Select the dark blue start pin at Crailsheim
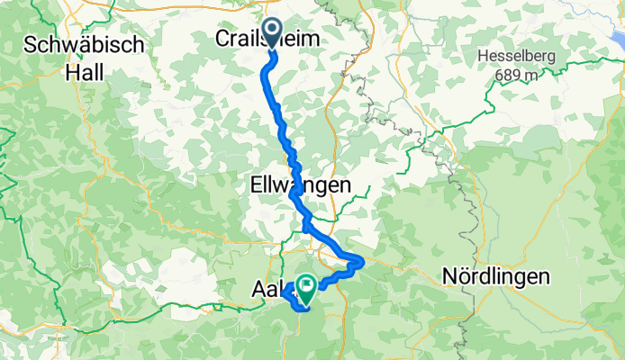tap(272, 31)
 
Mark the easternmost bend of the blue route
tap(362, 261)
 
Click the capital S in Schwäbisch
tap(32, 44)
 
